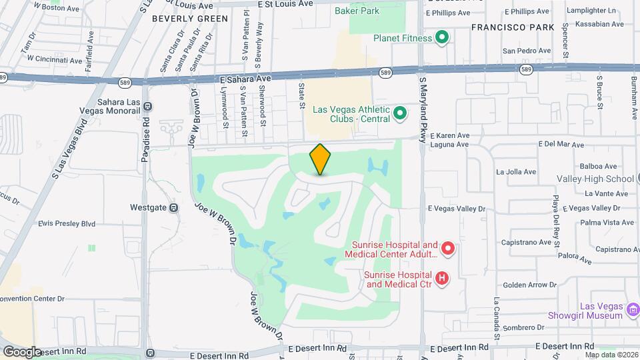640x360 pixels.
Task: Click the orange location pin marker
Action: pyautogui.click(x=320, y=159)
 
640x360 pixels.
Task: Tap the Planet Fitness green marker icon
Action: pyautogui.click(x=441, y=38)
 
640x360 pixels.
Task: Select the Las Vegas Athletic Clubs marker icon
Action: pyautogui.click(x=400, y=113)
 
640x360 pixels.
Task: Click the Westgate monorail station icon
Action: pyautogui.click(x=173, y=207)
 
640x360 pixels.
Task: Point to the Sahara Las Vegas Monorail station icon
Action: pyautogui.click(x=147, y=106)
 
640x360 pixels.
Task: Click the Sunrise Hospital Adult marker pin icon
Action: pyautogui.click(x=448, y=249)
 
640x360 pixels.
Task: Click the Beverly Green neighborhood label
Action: pyautogui.click(x=190, y=19)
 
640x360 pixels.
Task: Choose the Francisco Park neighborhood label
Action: pyautogui.click(x=513, y=27)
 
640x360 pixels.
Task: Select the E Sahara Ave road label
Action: pyautogui.click(x=245, y=79)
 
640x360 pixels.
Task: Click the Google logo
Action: pyautogui.click(x=22, y=351)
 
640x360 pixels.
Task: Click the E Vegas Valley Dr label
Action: pyautogui.click(x=457, y=209)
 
